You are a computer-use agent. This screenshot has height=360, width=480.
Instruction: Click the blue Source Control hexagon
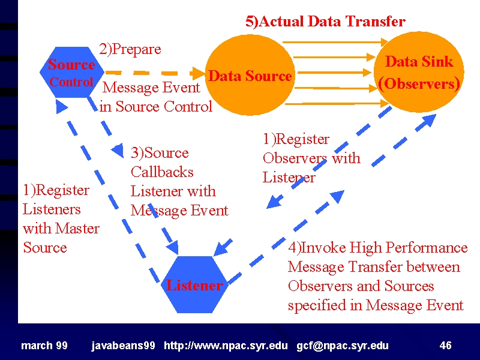(x=72, y=72)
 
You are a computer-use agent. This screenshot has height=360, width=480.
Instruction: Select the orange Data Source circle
(x=250, y=76)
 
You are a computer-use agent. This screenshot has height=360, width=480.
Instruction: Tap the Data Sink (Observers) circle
(x=419, y=72)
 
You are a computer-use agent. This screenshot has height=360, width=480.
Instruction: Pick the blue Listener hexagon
(x=194, y=284)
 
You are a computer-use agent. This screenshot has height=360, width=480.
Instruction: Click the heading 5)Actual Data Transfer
(x=325, y=22)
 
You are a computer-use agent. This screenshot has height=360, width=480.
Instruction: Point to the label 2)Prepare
(x=130, y=49)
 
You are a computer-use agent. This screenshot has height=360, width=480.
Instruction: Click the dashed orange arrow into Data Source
(x=155, y=73)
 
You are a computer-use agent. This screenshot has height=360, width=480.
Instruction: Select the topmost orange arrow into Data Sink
(x=335, y=42)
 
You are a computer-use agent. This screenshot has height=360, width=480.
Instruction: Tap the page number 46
(x=445, y=346)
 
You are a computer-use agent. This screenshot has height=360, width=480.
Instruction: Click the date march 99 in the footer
(x=44, y=346)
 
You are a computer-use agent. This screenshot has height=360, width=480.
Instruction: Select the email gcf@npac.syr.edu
(x=343, y=346)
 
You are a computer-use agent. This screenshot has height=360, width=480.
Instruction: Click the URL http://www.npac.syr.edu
(x=226, y=346)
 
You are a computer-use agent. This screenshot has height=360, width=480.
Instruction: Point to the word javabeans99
(x=123, y=346)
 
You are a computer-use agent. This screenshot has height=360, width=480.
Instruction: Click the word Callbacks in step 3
(x=162, y=172)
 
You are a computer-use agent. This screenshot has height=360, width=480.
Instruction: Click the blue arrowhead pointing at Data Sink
(x=428, y=121)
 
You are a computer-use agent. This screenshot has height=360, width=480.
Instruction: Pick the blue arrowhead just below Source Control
(x=62, y=107)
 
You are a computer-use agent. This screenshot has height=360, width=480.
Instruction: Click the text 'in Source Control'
(x=156, y=107)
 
